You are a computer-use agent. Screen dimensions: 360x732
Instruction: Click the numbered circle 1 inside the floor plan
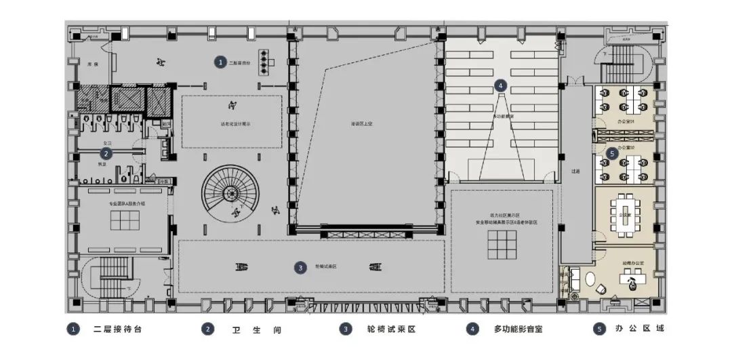[x=220, y=62]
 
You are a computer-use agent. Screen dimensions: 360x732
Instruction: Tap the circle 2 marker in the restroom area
[x=105, y=154]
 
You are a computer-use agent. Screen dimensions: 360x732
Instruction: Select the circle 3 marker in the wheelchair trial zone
[x=300, y=268]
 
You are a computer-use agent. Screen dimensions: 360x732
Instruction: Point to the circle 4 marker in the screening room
[x=500, y=85]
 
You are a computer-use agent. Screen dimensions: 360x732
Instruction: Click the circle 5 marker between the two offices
[x=611, y=154]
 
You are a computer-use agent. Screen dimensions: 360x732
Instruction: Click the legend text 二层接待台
[x=119, y=329]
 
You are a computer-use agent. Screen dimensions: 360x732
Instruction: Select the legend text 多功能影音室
[x=518, y=329]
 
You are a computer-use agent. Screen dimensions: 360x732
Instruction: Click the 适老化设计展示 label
[x=232, y=124]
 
